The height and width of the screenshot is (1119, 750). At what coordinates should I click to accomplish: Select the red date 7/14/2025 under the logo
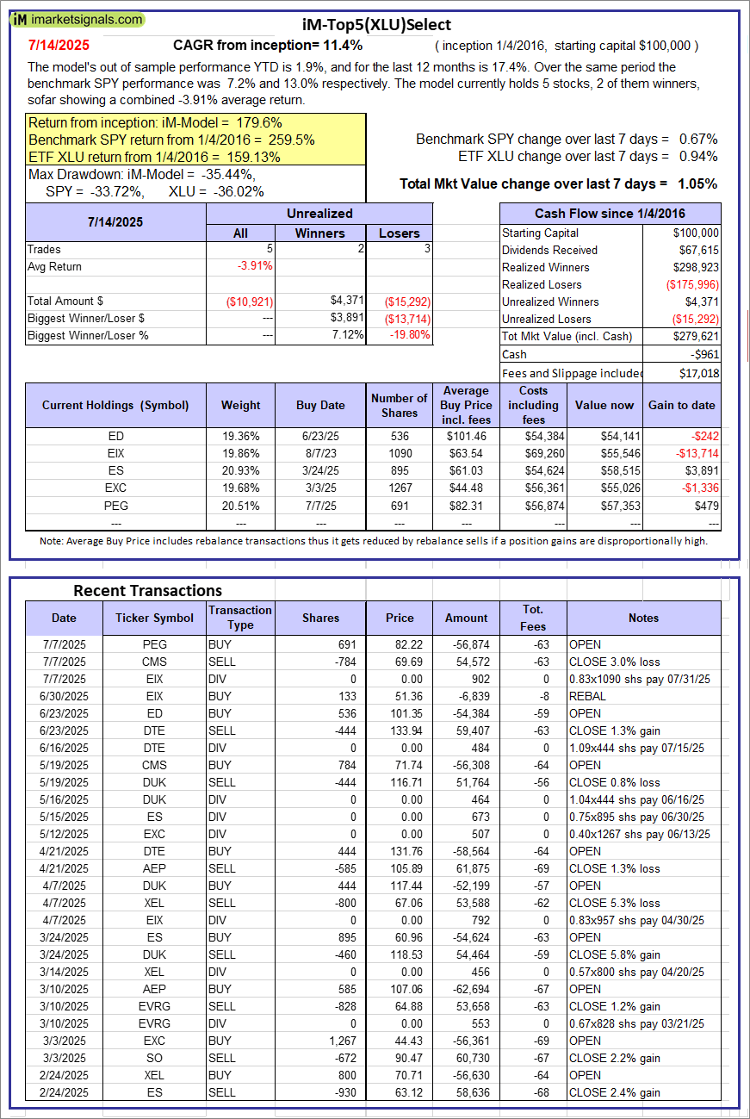point(58,45)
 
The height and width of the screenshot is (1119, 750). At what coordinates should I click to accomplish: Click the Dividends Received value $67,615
point(697,250)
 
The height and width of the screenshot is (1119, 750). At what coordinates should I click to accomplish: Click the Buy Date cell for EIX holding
point(320,453)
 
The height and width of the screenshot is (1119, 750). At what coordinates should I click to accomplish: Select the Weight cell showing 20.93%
point(240,470)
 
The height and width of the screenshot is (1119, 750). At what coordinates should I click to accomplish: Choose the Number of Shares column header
point(399,405)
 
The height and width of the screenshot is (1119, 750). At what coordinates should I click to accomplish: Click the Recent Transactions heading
point(147,590)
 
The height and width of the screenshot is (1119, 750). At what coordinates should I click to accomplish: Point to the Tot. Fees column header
point(533,618)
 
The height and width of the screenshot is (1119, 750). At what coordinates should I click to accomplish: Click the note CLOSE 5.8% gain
point(615,954)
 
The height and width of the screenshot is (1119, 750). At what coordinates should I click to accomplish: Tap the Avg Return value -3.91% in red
point(255,266)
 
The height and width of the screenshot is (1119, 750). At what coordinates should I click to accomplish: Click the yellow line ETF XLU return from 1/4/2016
point(154,157)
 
